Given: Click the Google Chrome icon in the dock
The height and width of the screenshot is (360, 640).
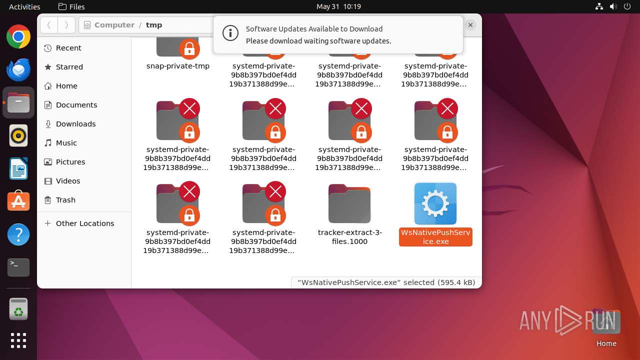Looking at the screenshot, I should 18,37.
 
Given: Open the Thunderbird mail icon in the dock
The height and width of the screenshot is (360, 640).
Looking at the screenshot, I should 18,69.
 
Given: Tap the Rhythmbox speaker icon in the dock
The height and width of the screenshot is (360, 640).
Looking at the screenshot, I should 18,135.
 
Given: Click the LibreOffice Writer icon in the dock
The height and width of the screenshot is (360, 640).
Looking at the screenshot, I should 18,168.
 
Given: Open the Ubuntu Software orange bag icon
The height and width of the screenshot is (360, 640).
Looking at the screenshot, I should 18,201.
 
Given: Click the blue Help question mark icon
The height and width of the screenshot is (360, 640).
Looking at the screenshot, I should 18,234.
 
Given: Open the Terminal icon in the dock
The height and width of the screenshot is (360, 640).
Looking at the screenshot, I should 18,267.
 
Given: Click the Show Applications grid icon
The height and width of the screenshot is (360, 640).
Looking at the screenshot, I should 18,340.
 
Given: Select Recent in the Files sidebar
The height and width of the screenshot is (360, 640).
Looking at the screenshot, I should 68,48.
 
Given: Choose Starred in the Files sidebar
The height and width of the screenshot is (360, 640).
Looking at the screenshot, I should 69,67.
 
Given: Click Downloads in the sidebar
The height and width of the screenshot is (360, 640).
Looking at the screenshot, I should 75,124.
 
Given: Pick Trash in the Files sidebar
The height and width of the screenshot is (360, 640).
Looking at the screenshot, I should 65,200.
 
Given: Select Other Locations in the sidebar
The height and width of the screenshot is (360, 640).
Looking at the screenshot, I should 85,223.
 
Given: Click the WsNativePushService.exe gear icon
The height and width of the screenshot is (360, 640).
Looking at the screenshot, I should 435,203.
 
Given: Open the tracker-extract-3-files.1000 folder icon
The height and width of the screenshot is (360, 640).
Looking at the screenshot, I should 349,203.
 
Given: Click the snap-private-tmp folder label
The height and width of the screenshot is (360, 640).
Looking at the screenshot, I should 178,66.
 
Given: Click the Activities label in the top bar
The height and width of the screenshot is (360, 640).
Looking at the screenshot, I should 24,6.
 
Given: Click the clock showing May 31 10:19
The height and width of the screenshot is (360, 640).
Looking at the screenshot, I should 338,6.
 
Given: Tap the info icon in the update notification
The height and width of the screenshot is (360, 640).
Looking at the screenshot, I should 230,33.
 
